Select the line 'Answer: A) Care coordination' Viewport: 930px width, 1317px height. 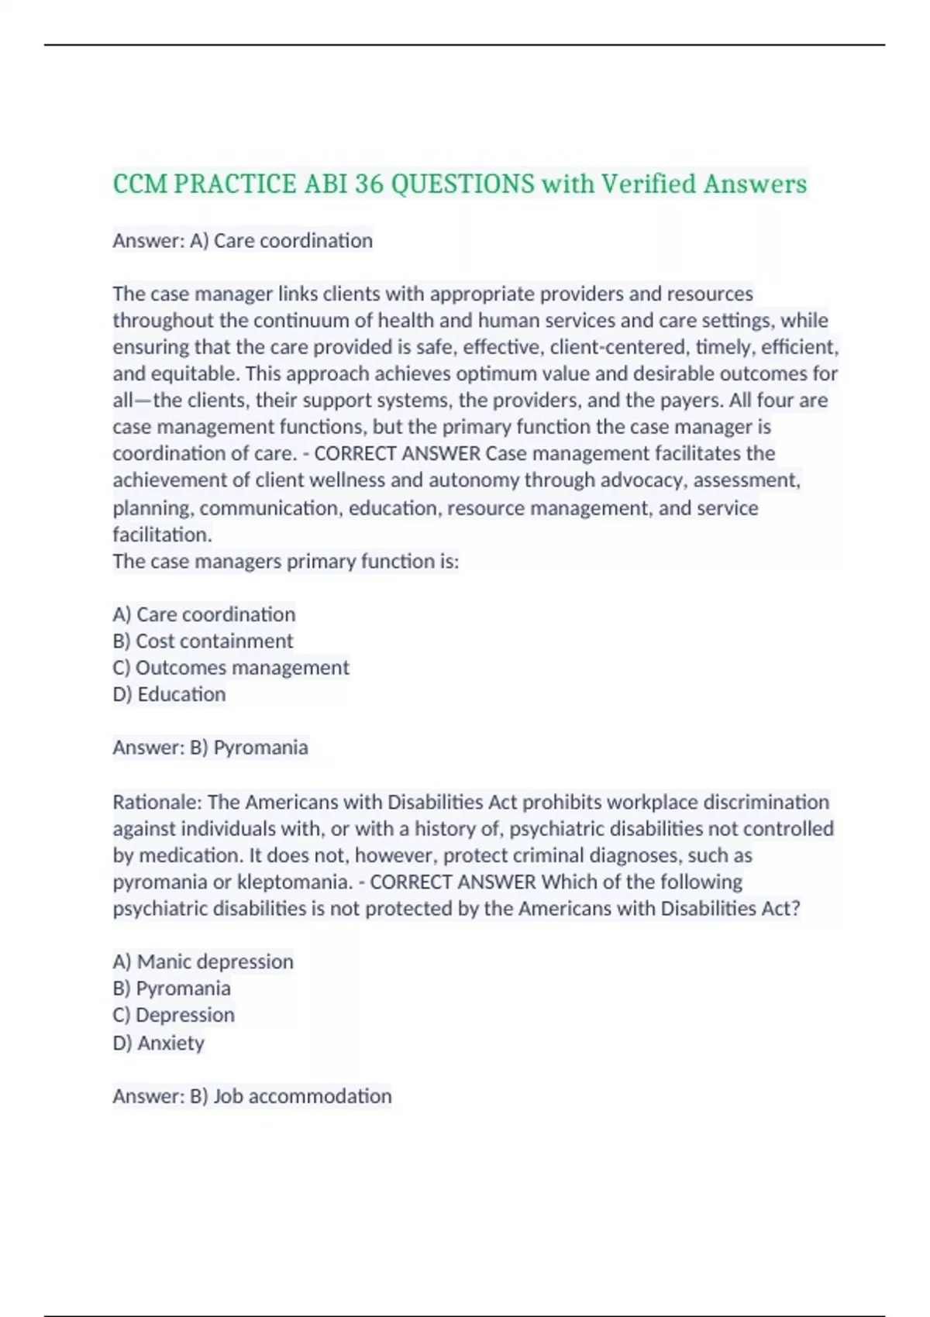click(243, 241)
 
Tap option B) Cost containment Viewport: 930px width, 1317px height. click(203, 641)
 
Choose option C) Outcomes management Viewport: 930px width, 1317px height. click(231, 668)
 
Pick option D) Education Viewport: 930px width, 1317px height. click(169, 694)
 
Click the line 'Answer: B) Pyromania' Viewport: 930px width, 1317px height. click(210, 748)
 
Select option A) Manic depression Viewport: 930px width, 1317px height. click(203, 962)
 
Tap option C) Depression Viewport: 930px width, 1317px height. click(174, 1015)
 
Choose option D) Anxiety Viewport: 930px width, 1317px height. click(158, 1043)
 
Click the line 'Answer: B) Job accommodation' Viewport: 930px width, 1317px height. click(252, 1096)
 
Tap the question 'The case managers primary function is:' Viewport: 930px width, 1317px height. click(286, 562)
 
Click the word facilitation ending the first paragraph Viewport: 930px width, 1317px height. click(161, 535)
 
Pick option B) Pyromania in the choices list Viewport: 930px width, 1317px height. click(171, 989)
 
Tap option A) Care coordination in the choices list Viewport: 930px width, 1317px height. click(204, 615)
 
